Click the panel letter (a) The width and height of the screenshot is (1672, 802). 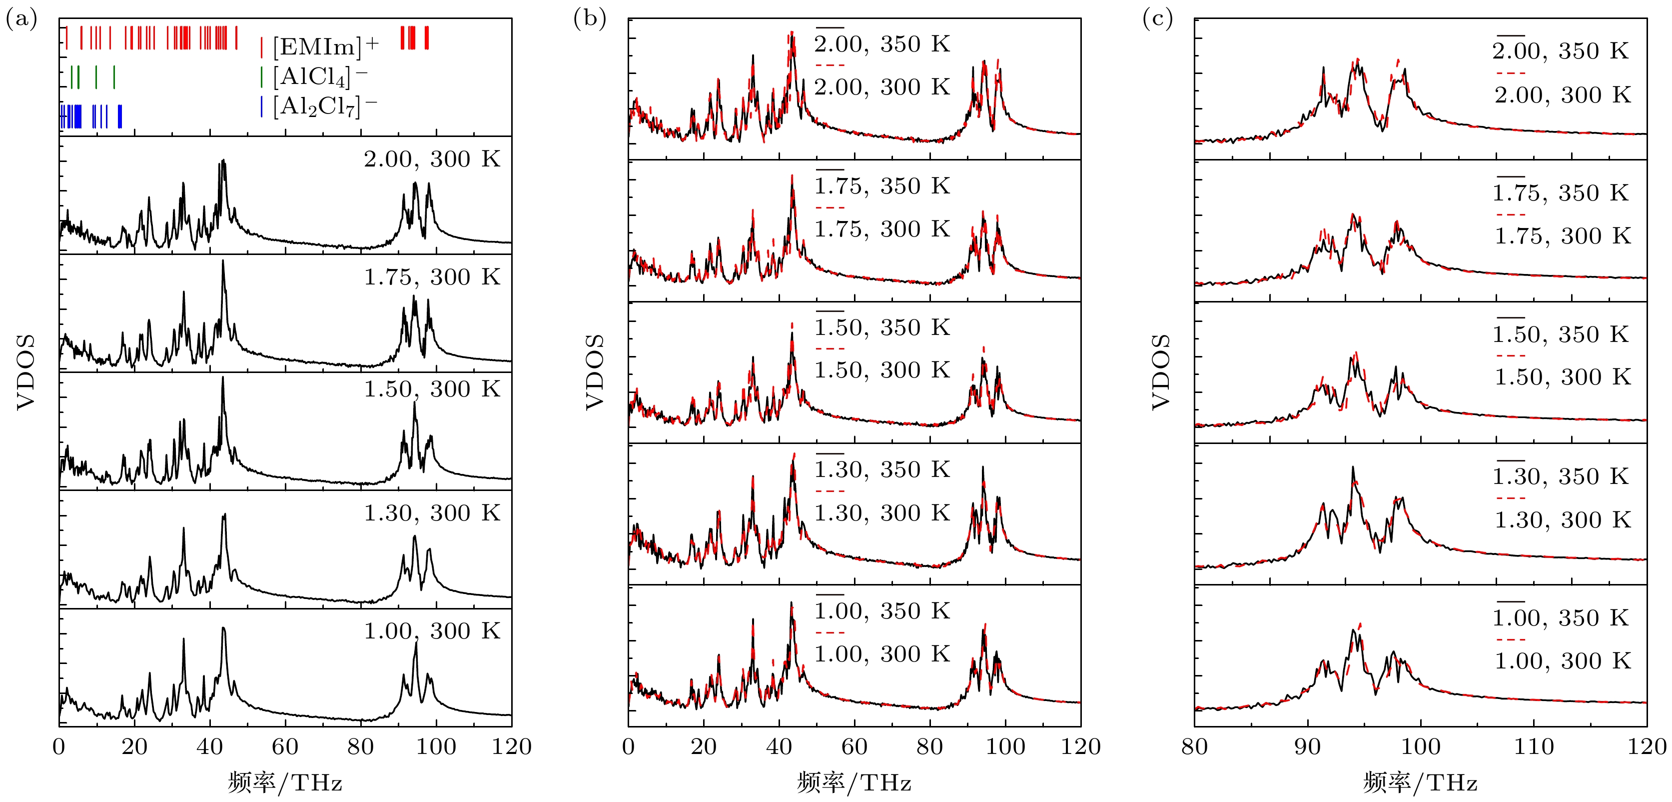(x=21, y=19)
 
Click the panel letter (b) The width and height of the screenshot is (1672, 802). (x=589, y=19)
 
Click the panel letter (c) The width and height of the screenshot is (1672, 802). (x=1157, y=19)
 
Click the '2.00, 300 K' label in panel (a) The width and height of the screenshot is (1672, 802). (x=432, y=159)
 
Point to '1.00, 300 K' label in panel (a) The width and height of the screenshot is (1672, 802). (x=432, y=631)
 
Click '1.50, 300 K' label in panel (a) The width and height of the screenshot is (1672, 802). (x=432, y=389)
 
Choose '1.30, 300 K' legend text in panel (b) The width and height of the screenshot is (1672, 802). (x=882, y=513)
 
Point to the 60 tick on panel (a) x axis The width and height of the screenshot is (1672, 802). (x=285, y=747)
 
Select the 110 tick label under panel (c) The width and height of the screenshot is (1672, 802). (x=1534, y=747)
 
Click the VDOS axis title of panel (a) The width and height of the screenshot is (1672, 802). (x=26, y=371)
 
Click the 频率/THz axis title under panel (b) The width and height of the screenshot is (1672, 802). (x=853, y=782)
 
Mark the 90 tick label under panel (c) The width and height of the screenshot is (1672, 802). (x=1307, y=747)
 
